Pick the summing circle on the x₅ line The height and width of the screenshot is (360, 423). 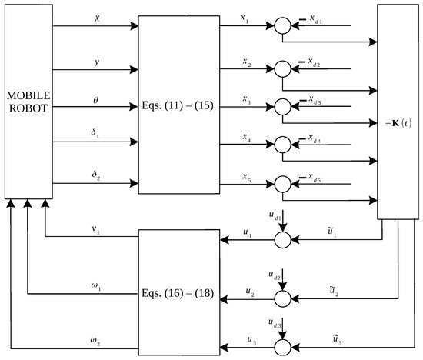282,184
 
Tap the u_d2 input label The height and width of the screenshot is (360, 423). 274,274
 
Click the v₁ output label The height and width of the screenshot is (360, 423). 94,228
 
